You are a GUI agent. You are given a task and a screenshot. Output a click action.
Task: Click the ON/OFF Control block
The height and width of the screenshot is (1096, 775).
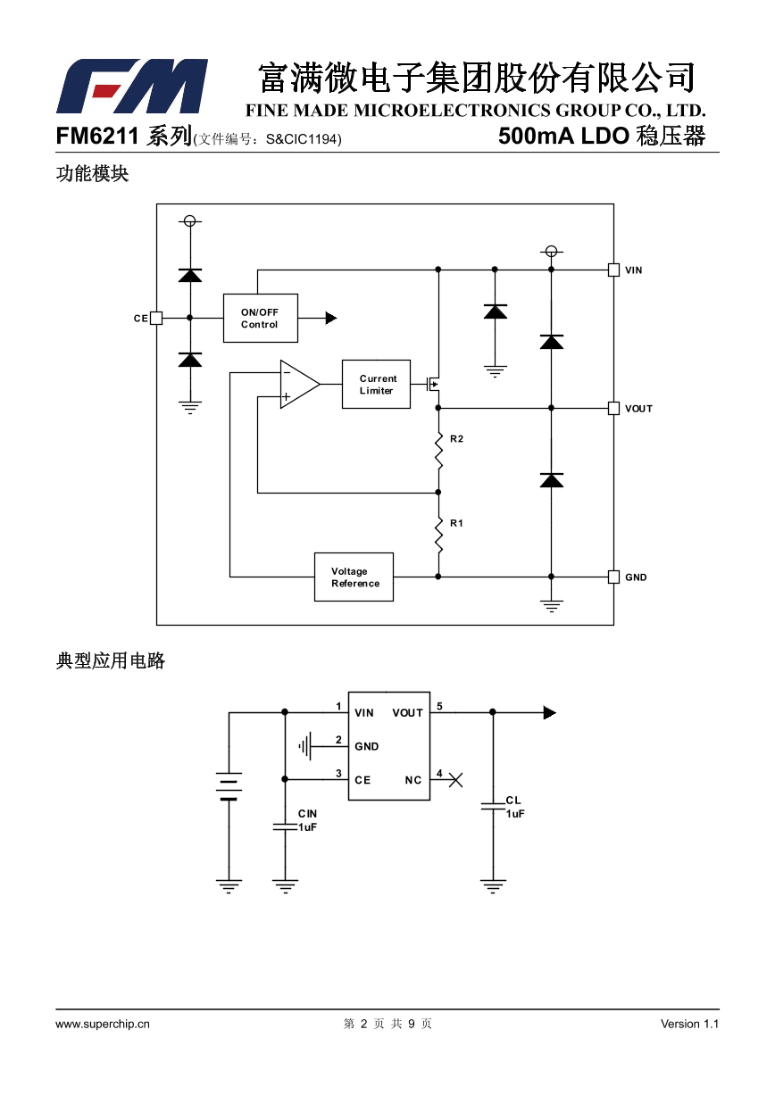click(260, 319)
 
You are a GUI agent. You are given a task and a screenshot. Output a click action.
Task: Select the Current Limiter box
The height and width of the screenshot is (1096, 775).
click(376, 385)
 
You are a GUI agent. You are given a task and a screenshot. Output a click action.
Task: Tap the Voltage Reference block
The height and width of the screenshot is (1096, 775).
click(354, 577)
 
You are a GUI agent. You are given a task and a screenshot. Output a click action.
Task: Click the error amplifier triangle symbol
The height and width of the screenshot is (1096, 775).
click(297, 385)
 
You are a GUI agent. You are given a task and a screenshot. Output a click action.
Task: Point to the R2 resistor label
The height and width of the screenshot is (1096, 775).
click(456, 439)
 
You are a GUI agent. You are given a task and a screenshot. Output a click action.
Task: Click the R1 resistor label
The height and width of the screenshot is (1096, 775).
click(456, 523)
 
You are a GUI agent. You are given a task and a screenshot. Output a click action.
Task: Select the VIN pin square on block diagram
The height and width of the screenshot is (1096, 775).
click(613, 270)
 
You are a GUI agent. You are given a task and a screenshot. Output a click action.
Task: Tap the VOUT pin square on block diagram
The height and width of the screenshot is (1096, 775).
click(613, 408)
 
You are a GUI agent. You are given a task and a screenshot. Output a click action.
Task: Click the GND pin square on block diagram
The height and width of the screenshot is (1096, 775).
click(613, 577)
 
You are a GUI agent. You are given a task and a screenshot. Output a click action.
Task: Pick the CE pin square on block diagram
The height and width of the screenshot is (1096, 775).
click(156, 318)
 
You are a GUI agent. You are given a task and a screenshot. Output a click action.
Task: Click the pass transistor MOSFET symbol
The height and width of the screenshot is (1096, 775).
click(433, 385)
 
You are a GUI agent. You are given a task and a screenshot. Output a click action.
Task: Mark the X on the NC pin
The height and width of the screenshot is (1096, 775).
click(455, 780)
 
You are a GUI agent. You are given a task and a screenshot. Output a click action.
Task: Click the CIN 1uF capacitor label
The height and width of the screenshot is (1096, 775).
click(307, 820)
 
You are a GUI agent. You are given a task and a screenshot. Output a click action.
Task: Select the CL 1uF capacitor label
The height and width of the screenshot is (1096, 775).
click(514, 807)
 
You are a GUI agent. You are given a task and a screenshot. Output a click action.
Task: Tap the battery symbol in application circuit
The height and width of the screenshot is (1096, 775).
click(229, 786)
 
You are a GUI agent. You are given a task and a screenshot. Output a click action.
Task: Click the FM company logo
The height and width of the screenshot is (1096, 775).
click(132, 87)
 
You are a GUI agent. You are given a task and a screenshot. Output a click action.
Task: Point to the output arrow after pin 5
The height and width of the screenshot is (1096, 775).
click(549, 712)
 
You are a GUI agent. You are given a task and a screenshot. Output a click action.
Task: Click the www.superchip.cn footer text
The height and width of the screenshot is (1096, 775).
click(103, 1024)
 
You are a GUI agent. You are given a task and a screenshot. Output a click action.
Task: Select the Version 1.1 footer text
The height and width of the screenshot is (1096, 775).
click(689, 1024)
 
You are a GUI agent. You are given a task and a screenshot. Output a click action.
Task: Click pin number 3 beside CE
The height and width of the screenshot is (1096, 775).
click(338, 773)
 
